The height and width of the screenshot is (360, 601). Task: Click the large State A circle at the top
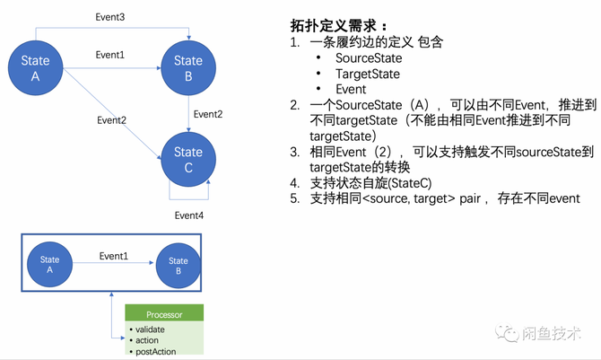pyautogui.click(x=36, y=69)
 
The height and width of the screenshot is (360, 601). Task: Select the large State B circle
pyautogui.click(x=187, y=69)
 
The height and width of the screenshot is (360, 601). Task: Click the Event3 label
pyautogui.click(x=110, y=18)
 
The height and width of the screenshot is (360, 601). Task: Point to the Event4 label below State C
pyautogui.click(x=189, y=215)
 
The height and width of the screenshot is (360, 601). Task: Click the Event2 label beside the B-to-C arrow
pyautogui.click(x=207, y=114)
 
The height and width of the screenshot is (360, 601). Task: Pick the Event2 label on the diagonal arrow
pyautogui.click(x=111, y=119)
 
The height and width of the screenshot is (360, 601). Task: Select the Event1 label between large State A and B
pyautogui.click(x=110, y=55)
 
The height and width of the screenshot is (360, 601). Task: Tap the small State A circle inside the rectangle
pyautogui.click(x=50, y=261)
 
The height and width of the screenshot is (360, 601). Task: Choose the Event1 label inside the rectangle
pyautogui.click(x=113, y=256)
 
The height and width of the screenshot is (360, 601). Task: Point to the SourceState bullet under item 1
pyautogui.click(x=368, y=57)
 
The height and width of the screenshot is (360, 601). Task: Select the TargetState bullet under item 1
pyautogui.click(x=368, y=74)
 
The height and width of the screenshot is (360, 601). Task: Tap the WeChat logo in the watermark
pyautogui.click(x=512, y=333)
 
